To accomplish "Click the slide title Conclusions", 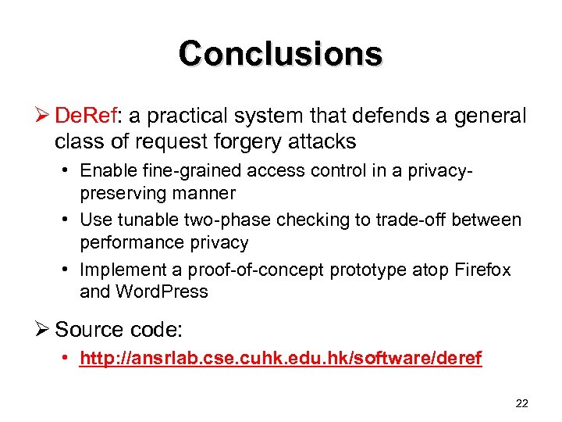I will tap(280, 54).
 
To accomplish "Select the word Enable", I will tap(107, 171).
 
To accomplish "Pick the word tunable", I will tap(153, 220).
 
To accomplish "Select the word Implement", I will tap(119, 270).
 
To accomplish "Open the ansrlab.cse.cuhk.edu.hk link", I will tap(280, 359).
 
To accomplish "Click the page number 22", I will tap(522, 403).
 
